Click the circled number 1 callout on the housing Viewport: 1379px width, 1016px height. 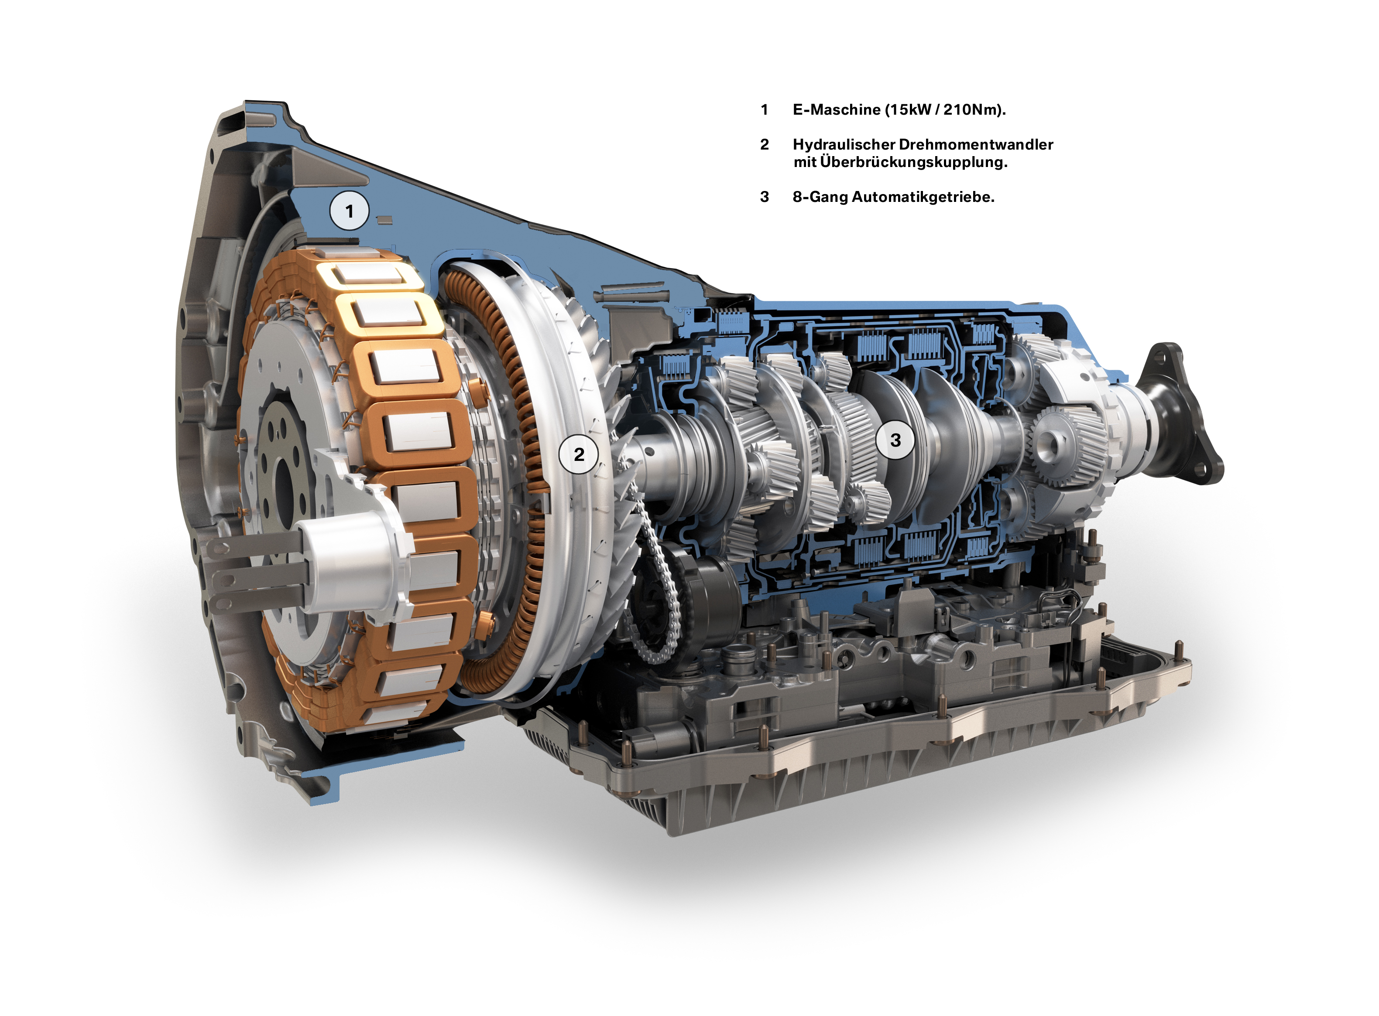tap(349, 211)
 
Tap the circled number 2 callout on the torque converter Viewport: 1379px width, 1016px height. tap(578, 454)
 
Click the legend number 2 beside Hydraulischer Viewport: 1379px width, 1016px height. tap(764, 144)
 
